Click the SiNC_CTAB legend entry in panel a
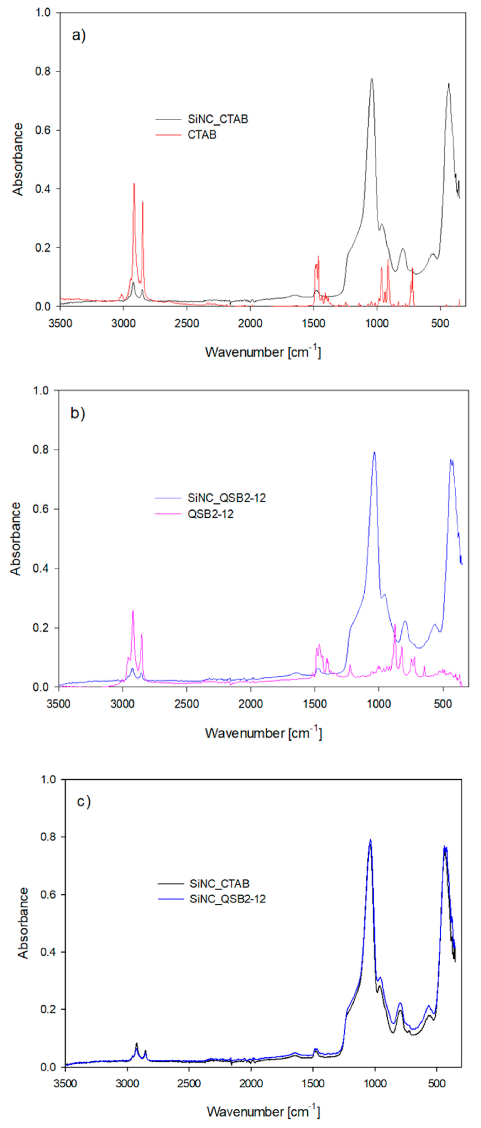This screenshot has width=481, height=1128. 218,119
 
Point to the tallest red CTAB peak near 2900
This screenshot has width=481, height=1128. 134,184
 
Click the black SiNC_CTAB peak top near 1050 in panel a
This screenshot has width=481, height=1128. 372,79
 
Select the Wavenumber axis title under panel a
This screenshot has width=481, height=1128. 263,352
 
